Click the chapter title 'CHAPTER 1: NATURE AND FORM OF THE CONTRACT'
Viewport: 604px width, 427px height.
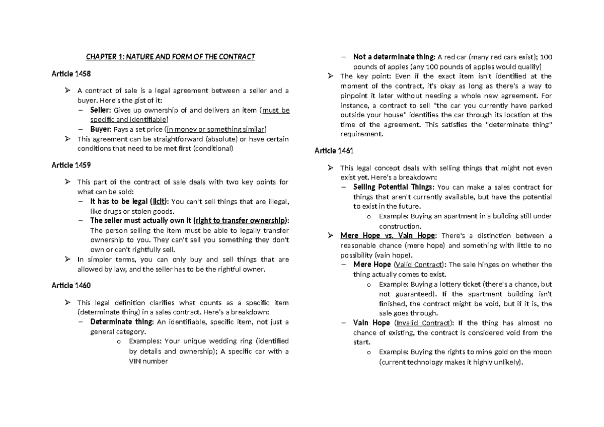[170, 57]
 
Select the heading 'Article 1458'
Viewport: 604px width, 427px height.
[71, 74]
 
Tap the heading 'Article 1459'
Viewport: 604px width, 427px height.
[71, 164]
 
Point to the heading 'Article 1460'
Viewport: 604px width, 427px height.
[71, 285]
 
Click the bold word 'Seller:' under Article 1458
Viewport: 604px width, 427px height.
[101, 110]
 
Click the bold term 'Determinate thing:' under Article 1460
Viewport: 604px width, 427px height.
[122, 322]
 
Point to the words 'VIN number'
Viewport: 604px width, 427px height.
[148, 361]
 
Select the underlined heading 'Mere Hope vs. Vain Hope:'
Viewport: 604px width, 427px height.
[389, 235]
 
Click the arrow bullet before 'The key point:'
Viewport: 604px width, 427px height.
[330, 76]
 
